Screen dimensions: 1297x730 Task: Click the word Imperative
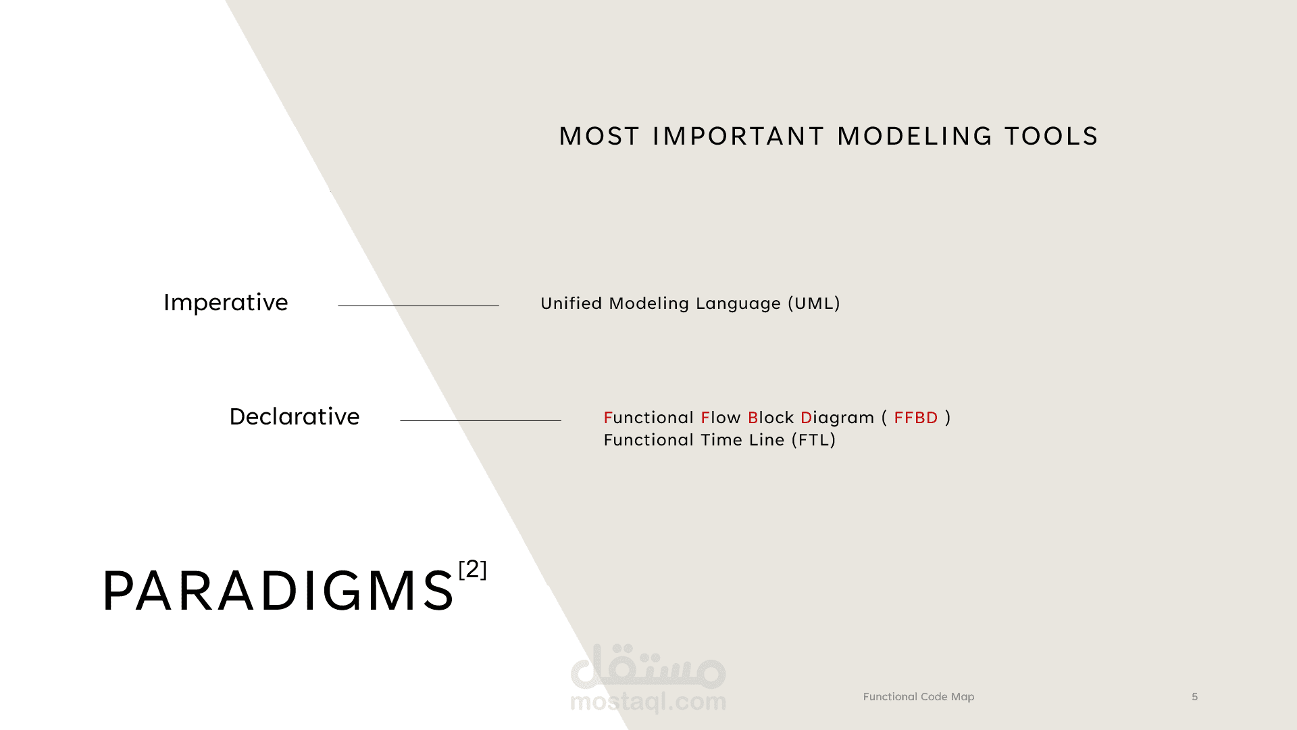coord(226,302)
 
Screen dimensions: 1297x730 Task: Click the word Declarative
coord(295,416)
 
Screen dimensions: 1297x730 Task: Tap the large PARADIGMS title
coord(278,591)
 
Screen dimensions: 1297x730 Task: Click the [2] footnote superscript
coord(472,569)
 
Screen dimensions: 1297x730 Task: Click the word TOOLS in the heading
coord(1052,136)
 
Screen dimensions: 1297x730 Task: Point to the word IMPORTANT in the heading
coord(738,136)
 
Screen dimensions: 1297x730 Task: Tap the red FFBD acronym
coord(916,418)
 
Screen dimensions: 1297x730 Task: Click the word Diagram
coord(838,418)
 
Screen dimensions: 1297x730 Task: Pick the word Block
coord(771,418)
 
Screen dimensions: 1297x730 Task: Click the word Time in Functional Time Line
coord(722,440)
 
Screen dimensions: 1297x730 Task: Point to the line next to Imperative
coord(418,306)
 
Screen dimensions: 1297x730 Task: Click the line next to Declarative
coord(480,420)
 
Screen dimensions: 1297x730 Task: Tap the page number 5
coord(1195,697)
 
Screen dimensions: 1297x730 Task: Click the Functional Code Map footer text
coord(919,697)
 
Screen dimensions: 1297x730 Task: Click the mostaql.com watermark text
coord(648,702)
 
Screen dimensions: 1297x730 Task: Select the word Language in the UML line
coord(738,304)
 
